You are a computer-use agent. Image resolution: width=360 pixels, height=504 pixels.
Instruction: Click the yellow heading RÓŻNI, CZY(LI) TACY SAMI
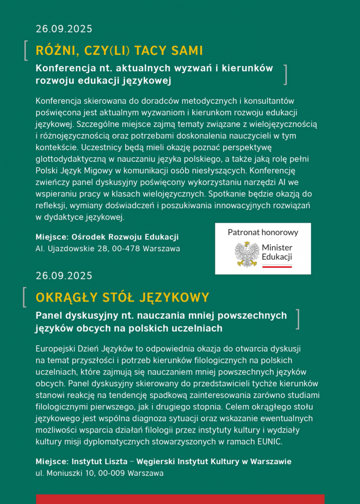tap(119, 50)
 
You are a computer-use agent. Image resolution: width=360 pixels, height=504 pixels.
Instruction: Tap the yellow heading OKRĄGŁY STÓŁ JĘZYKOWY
tap(122, 297)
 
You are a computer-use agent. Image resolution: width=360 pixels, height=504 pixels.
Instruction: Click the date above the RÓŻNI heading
tap(64, 29)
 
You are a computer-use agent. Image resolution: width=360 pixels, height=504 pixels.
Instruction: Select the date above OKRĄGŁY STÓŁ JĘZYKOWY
tap(64, 275)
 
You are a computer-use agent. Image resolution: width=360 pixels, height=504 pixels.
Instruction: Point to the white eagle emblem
tap(247, 254)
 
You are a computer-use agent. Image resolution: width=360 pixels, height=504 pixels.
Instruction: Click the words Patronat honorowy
tap(263, 232)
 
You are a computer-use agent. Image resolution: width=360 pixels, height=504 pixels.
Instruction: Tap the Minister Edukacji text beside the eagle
tap(277, 252)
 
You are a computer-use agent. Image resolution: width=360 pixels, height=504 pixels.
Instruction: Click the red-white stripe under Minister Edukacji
tap(277, 266)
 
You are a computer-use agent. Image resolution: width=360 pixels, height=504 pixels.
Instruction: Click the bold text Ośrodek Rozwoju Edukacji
tap(125, 237)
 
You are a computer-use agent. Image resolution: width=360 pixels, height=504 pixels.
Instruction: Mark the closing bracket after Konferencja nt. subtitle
tap(285, 75)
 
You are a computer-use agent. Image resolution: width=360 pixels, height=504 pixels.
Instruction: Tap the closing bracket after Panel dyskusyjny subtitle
tap(298, 319)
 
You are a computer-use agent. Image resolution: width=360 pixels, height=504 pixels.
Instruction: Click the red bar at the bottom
tap(180, 499)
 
